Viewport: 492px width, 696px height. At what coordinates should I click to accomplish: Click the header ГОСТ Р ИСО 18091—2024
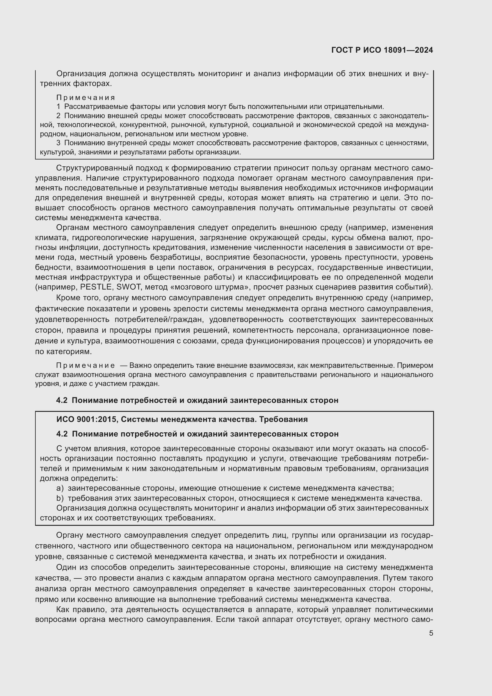point(382,50)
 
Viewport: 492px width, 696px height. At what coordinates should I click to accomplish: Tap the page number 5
point(431,633)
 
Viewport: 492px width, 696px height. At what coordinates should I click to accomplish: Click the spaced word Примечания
point(86,98)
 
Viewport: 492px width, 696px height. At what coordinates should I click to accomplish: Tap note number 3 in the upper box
point(59,143)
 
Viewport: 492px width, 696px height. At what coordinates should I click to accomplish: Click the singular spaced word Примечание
point(86,365)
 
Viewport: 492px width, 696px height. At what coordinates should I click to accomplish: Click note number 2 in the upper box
point(59,115)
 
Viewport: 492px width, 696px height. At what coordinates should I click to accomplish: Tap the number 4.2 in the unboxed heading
point(62,400)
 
